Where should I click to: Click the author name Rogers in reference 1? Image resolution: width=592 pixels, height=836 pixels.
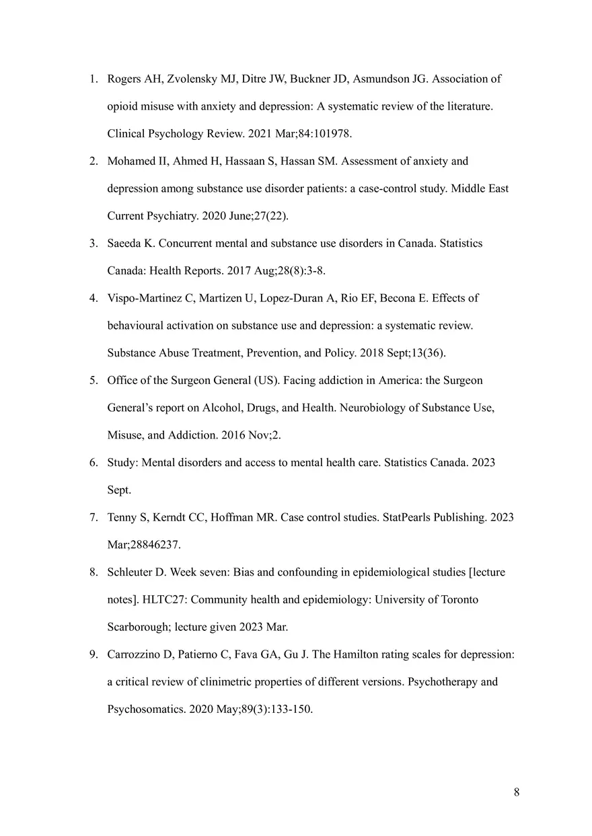pos(124,79)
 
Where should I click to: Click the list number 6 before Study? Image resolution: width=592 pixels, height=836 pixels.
pos(94,463)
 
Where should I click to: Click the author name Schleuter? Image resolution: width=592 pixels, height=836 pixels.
pos(131,572)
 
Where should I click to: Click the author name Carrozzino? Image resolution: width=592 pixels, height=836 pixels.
pos(134,654)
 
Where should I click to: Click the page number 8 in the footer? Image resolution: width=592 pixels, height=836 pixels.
pos(516,792)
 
